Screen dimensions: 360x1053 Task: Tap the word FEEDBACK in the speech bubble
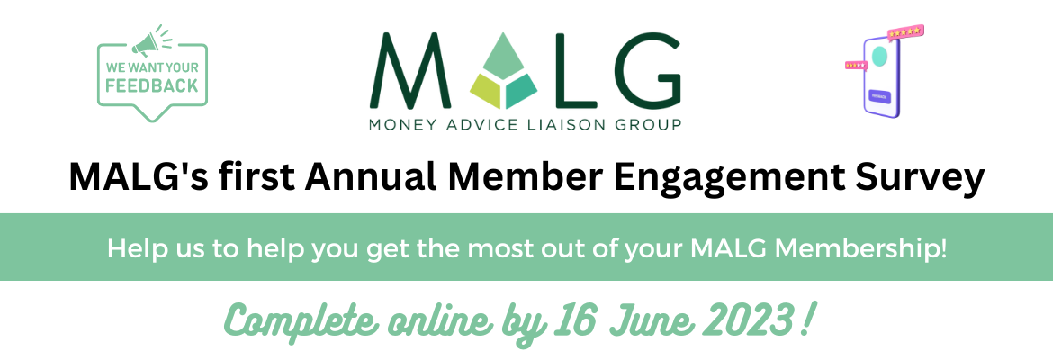tap(151, 86)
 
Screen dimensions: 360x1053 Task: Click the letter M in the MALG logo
tap(405, 71)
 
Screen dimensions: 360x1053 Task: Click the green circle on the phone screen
tap(879, 58)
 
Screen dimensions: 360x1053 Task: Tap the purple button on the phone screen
tap(879, 94)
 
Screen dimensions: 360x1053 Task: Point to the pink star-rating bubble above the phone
tap(904, 33)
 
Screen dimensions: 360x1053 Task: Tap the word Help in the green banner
tap(127, 247)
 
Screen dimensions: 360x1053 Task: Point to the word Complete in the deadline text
tap(289, 320)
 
